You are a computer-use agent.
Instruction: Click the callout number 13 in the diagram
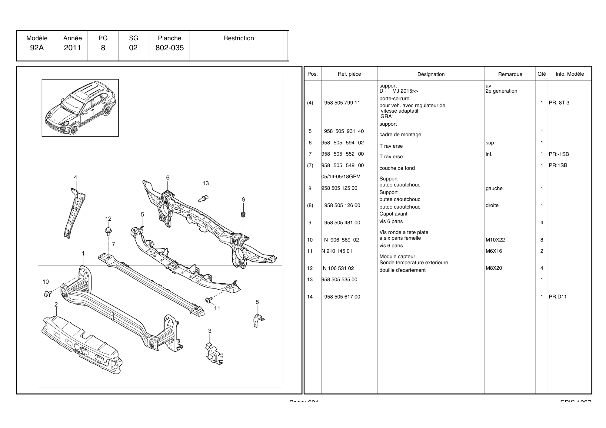206,183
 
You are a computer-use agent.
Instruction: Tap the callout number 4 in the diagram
75,177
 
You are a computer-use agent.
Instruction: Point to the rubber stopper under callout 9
243,214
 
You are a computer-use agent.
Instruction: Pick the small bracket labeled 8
258,320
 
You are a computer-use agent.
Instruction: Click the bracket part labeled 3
215,353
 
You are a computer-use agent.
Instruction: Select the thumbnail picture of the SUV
80,108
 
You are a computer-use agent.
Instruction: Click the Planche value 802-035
169,48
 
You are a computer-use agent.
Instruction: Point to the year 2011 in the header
72,48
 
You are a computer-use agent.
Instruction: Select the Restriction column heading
238,38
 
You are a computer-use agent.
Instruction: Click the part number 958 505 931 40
344,131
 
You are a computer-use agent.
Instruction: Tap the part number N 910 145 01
337,251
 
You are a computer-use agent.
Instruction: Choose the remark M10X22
495,240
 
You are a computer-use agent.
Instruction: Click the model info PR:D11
558,297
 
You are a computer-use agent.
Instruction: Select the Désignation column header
431,74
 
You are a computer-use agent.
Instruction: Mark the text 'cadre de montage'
400,135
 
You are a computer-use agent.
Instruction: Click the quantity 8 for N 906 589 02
541,240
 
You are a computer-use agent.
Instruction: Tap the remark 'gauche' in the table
494,188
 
